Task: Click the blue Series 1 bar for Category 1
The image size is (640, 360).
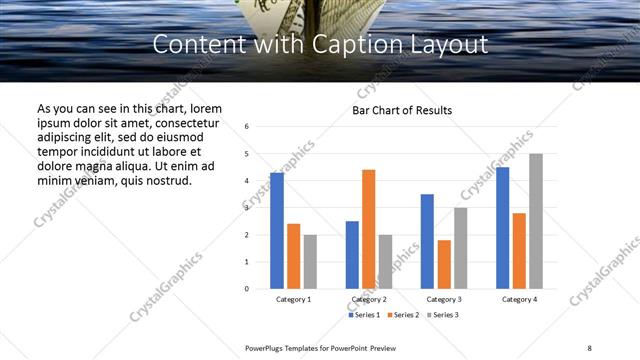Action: (277, 231)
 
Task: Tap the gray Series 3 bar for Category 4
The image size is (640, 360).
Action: (535, 221)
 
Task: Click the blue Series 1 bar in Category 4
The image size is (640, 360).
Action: (502, 228)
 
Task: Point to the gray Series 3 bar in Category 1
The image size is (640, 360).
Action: (310, 262)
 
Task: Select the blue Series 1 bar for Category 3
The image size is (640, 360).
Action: (427, 241)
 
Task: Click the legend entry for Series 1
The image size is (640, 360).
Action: (363, 315)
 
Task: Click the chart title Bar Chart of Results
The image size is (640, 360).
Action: (402, 110)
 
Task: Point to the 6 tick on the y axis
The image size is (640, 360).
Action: (246, 127)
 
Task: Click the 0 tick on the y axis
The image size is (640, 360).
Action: (246, 289)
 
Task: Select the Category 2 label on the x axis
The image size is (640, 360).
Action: (368, 299)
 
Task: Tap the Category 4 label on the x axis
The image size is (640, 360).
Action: (519, 299)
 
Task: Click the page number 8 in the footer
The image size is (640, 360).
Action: (589, 347)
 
